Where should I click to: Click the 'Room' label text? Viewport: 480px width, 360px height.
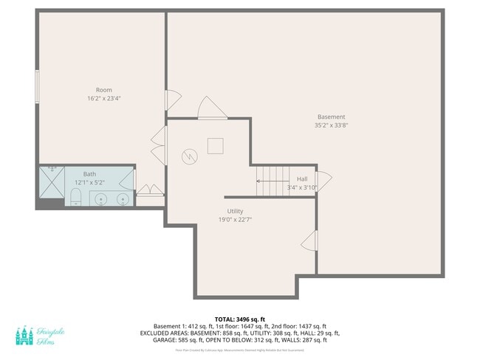(x=103, y=90)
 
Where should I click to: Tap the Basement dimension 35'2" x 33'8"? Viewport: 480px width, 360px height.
(x=332, y=125)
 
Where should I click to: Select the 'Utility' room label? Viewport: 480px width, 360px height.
(x=235, y=211)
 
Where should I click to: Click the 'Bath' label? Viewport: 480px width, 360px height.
(x=89, y=174)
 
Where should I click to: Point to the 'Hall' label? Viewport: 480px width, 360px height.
(x=302, y=179)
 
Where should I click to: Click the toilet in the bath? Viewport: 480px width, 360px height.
(x=75, y=196)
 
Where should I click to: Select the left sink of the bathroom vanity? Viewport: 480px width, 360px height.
(x=101, y=198)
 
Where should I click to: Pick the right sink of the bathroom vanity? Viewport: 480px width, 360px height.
(x=123, y=198)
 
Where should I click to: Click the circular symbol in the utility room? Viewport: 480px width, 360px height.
(x=190, y=156)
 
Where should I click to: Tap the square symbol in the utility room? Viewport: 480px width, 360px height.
(x=215, y=145)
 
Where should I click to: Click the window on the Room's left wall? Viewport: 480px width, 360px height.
(x=37, y=86)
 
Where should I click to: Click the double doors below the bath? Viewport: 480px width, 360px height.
(x=150, y=190)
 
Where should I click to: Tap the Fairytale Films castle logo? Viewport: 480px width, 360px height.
(x=24, y=336)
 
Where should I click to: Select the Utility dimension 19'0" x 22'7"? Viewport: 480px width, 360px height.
(x=235, y=219)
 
